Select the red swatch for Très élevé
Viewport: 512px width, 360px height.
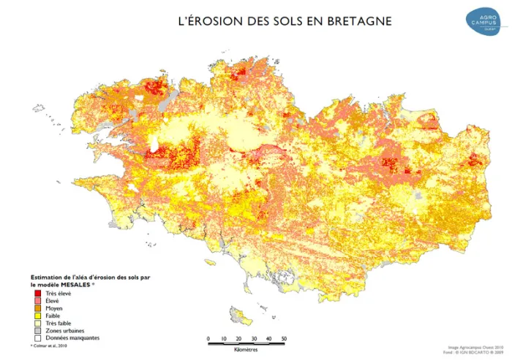click(37, 293)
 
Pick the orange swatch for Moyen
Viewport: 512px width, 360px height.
click(37, 308)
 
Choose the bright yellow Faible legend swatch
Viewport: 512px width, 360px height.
click(37, 315)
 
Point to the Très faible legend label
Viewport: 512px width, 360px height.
click(59, 323)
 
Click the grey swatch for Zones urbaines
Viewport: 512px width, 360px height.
click(37, 331)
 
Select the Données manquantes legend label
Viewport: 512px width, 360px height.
click(72, 338)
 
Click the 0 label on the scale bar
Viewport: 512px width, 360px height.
click(208, 339)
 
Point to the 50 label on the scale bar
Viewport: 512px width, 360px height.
click(284, 339)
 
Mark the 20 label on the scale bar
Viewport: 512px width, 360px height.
click(238, 339)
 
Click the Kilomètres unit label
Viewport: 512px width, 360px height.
click(246, 351)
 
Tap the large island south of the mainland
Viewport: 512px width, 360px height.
click(239, 315)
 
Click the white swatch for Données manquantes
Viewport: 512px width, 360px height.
click(37, 338)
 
